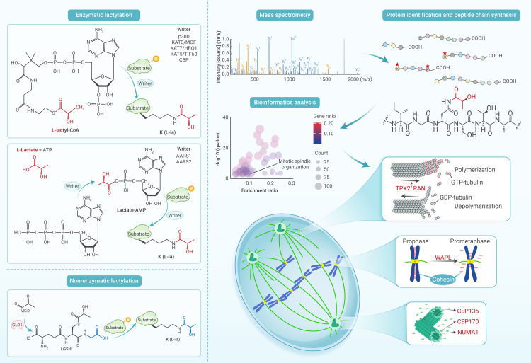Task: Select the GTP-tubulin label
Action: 479,183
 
